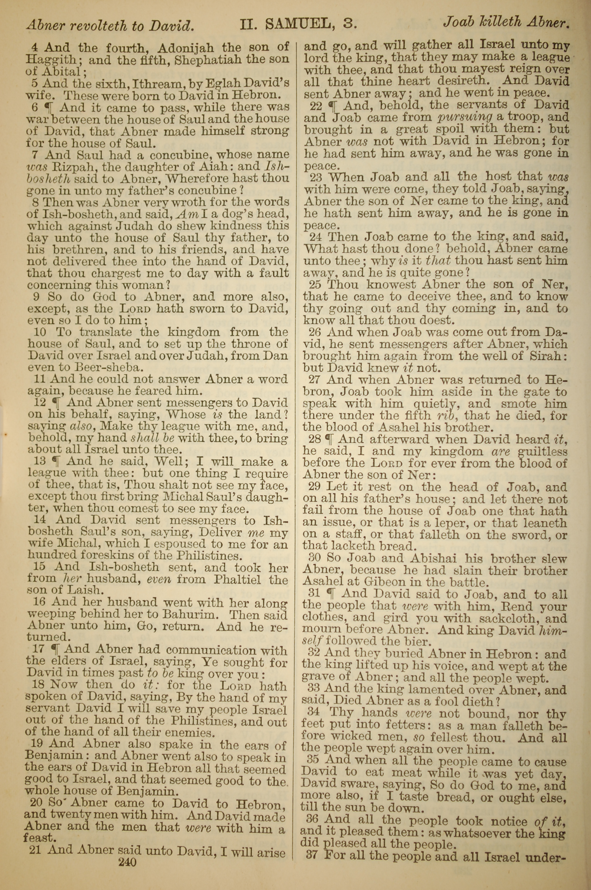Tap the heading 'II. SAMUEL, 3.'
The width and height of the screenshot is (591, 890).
[298, 25]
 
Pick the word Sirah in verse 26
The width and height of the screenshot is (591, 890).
[548, 355]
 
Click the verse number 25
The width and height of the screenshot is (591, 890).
[314, 285]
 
